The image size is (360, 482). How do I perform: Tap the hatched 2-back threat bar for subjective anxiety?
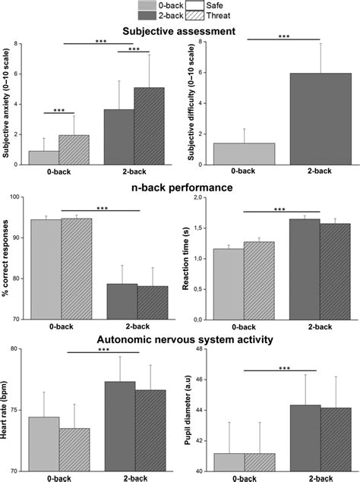coord(149,125)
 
